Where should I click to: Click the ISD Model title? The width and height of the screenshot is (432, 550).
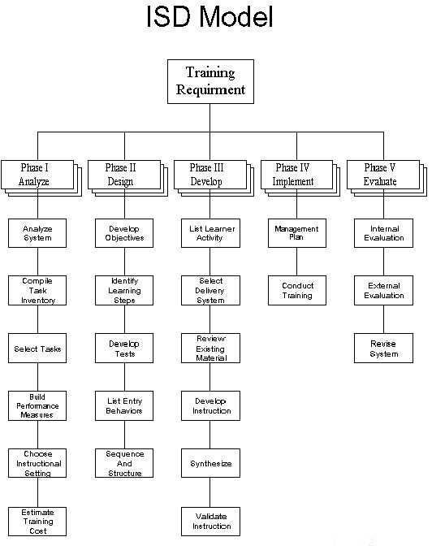210,16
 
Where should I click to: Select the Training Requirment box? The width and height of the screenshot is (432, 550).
210,81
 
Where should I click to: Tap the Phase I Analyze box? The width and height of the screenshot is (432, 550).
41,178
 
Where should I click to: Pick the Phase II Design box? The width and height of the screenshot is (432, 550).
127,178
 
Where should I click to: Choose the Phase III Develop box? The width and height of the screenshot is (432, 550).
214,178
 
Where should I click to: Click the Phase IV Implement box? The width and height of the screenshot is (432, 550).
300,178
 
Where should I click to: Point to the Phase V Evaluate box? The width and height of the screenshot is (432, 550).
387,178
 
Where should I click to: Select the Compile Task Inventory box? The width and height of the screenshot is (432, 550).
37,290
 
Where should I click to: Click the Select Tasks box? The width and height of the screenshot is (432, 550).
37,348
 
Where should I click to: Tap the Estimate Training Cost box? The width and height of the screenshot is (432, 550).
37,522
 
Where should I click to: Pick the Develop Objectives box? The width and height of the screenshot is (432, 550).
124,233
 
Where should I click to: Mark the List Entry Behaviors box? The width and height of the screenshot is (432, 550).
124,406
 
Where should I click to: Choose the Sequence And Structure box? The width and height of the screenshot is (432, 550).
124,463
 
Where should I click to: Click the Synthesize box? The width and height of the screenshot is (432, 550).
210,463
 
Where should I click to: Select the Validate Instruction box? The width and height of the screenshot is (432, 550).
210,522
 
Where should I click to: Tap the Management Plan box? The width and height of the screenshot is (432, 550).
297,233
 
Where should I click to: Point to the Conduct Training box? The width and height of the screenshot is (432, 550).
297,290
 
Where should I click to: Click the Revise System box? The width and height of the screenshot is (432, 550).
383,348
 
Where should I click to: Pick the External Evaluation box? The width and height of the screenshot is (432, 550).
383,290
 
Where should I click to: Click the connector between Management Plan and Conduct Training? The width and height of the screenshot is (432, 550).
297,262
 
